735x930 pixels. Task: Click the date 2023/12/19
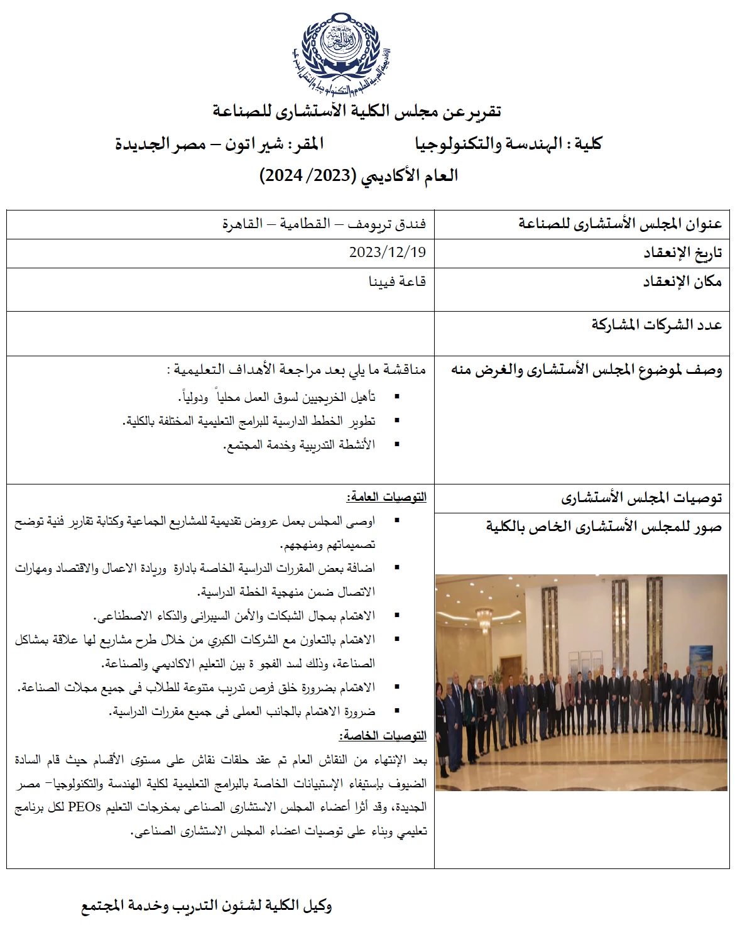pos(388,253)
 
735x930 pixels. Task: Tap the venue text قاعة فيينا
pos(397,281)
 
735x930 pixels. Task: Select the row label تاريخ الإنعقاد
pos(682,253)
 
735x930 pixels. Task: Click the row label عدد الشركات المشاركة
pos(656,325)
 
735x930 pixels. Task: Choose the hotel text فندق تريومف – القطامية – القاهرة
pos(324,224)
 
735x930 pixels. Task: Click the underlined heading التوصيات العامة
pos(386,498)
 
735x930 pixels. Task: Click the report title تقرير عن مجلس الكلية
pos(357,112)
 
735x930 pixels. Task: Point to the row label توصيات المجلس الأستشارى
pos(641,499)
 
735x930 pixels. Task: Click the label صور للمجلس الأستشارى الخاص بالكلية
pos(604,527)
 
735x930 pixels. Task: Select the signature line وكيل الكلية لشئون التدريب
pos(207,906)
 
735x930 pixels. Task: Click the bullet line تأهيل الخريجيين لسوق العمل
pos(276,397)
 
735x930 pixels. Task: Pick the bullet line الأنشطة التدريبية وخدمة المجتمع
pos(299,445)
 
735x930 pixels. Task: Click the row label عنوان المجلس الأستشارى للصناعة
pos(620,224)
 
